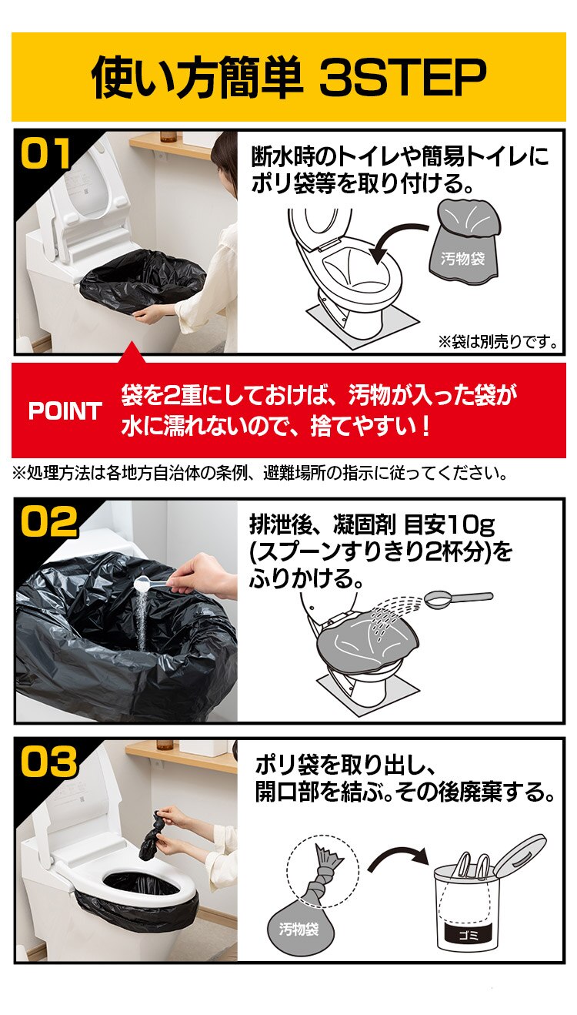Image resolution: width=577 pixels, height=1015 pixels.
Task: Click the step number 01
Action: coord(45,153)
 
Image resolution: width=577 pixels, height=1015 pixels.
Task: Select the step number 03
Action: coord(48,763)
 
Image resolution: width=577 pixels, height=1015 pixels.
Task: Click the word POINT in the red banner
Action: coord(65,411)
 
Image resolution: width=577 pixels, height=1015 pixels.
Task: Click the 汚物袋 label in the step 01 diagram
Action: coord(463,259)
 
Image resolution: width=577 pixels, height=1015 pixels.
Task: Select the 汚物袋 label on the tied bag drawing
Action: coord(298,929)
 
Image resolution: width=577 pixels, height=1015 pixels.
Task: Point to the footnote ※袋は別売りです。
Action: coord(498,340)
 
